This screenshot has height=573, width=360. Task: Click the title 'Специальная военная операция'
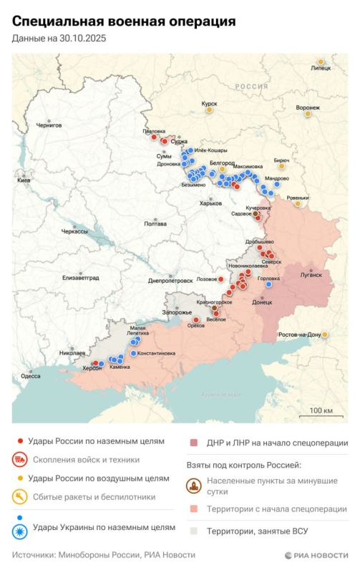(x=124, y=22)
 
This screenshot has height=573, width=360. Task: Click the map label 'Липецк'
(x=321, y=69)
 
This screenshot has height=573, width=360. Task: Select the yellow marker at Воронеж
(x=308, y=113)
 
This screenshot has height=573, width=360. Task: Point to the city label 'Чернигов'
(x=49, y=125)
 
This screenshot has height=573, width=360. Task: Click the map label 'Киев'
(x=24, y=180)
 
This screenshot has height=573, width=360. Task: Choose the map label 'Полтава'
(x=155, y=223)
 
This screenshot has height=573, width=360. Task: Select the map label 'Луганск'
(x=311, y=274)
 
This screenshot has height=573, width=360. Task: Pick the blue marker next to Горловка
(x=268, y=284)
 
